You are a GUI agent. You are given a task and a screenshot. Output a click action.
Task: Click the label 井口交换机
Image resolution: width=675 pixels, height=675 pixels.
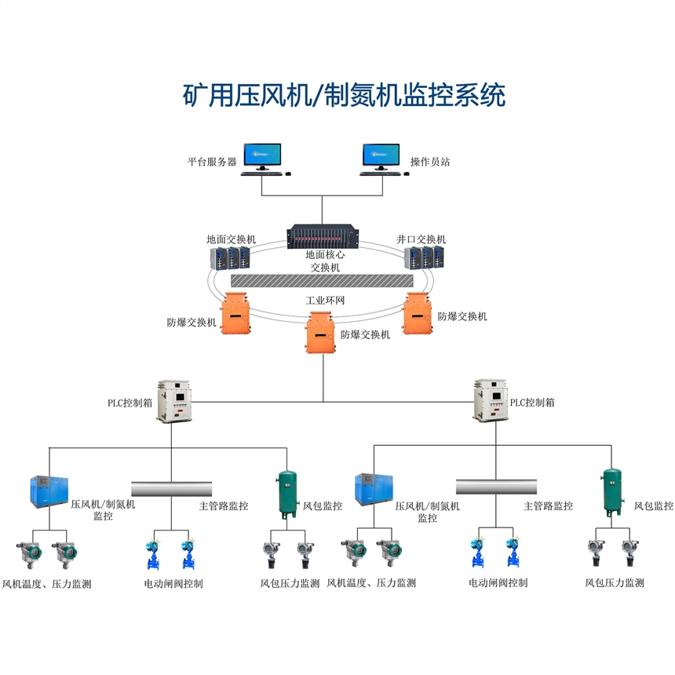(421, 239)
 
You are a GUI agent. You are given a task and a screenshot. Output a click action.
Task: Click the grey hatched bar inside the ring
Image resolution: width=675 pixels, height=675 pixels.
(322, 280)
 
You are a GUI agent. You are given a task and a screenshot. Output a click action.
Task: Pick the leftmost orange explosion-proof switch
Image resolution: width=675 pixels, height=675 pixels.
(235, 312)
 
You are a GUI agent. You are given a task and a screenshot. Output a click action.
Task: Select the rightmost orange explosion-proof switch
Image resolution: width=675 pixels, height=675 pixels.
(418, 312)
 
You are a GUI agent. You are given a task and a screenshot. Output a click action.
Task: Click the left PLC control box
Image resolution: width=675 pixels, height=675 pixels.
(173, 401)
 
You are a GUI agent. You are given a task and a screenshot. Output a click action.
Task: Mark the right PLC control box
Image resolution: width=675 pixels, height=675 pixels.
(490, 401)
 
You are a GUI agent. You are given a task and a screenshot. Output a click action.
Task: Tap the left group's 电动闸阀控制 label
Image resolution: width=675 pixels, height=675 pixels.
(173, 583)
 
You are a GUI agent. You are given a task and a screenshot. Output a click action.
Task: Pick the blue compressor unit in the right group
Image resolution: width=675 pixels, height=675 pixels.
(373, 491)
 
